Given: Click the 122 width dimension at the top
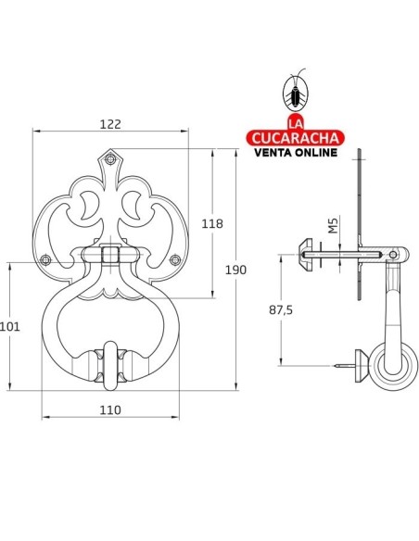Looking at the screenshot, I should (x=111, y=122).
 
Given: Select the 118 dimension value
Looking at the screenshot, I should (x=212, y=223).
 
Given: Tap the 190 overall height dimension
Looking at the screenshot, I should (x=236, y=270).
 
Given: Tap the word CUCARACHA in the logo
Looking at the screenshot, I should (x=294, y=138).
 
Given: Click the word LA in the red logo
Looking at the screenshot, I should (x=294, y=123).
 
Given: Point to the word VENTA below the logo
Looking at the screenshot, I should (x=271, y=153).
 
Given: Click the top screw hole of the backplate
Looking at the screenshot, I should (x=111, y=158).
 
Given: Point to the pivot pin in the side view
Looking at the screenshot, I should (x=395, y=254).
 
